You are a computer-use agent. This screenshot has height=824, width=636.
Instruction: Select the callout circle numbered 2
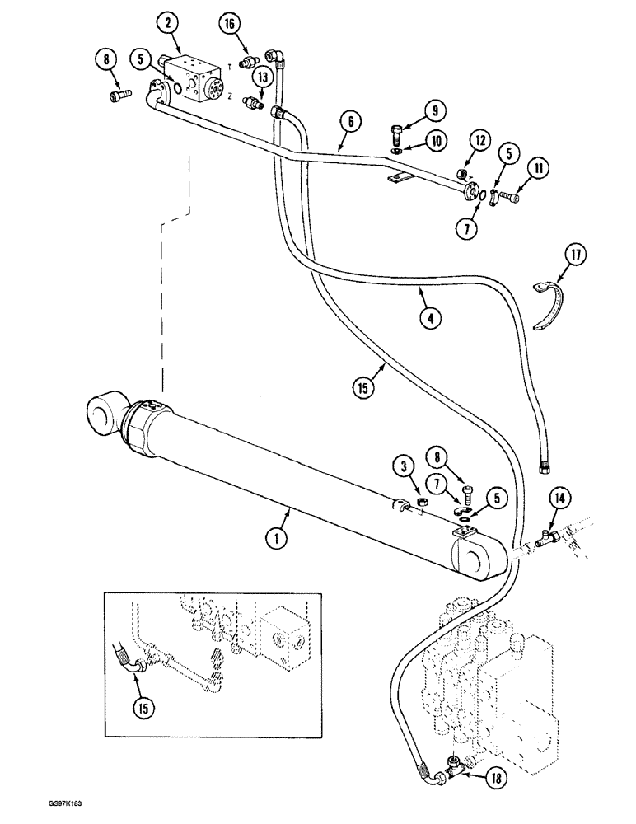(169, 24)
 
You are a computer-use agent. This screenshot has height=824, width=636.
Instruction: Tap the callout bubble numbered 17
(576, 255)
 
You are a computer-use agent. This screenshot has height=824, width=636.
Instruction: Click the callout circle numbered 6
(351, 120)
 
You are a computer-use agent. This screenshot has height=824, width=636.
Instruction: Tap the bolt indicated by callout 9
(396, 131)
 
